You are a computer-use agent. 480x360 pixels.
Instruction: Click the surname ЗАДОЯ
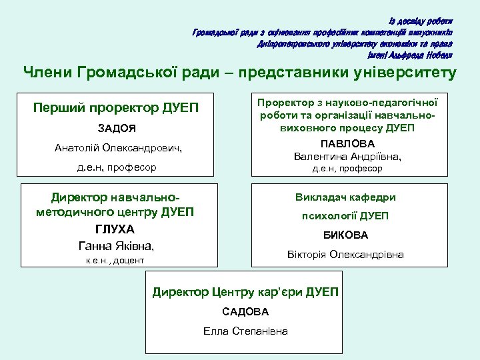tap(116, 128)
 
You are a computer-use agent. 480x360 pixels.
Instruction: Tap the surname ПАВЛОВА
tap(347, 143)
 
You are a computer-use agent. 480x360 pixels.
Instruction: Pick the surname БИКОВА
tap(345, 235)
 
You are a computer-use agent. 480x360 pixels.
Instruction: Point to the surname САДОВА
tap(245, 311)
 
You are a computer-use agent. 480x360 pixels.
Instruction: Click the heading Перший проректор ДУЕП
tap(116, 107)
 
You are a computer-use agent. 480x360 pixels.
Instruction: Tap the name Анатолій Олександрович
tap(118, 147)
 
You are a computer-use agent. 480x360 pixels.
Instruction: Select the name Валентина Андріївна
tap(347, 156)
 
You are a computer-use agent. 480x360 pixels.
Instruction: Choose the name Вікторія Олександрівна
tap(345, 254)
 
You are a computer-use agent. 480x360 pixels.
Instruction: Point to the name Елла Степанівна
tap(245, 331)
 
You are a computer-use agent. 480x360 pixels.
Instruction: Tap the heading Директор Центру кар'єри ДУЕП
tap(245, 292)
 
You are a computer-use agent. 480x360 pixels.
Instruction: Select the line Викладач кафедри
tap(345, 197)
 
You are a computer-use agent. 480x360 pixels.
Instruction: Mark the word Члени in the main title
tap(47, 73)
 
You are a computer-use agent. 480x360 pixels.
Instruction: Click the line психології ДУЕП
tap(345, 215)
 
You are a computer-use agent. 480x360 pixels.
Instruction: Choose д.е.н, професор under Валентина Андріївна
tap(347, 169)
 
